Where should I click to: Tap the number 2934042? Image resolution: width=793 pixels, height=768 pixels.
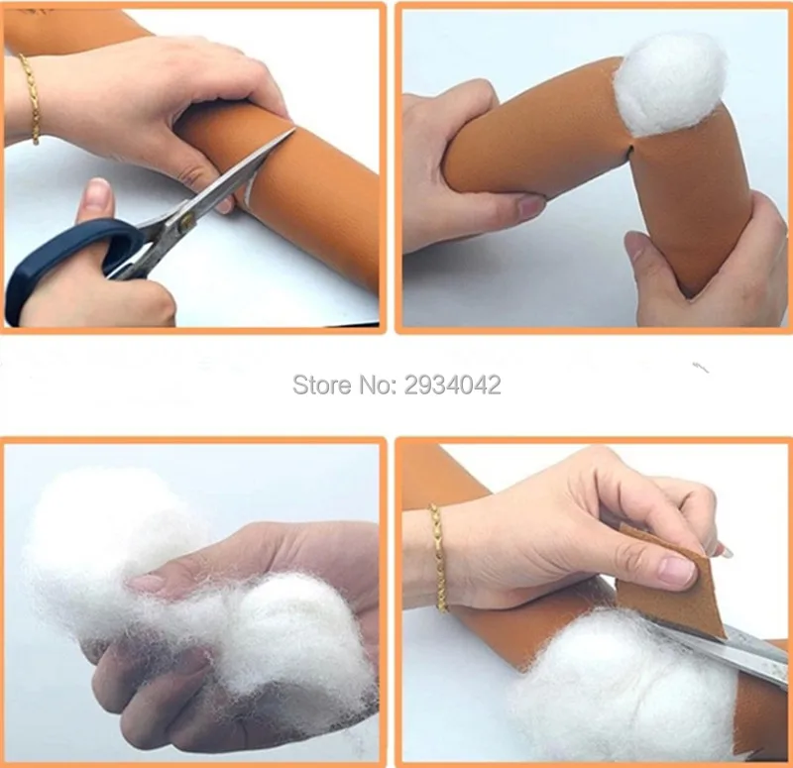tap(453, 384)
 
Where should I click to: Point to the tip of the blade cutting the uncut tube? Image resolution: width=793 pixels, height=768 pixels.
tap(294, 129)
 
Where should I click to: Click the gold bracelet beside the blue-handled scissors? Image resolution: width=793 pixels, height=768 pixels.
tap(31, 98)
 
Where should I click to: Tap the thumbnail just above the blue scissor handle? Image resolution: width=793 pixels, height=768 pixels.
tap(96, 192)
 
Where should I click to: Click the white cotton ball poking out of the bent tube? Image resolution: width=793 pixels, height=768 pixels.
tap(671, 84)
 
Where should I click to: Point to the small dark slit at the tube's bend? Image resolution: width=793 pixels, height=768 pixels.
tap(628, 150)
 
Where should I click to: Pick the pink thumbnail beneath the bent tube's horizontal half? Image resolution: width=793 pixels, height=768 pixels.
tap(531, 206)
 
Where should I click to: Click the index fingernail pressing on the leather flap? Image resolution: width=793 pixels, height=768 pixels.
tap(678, 571)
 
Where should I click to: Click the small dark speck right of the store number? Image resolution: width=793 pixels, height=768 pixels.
tap(701, 368)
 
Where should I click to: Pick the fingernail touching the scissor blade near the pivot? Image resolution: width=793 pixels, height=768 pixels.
tap(225, 205)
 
